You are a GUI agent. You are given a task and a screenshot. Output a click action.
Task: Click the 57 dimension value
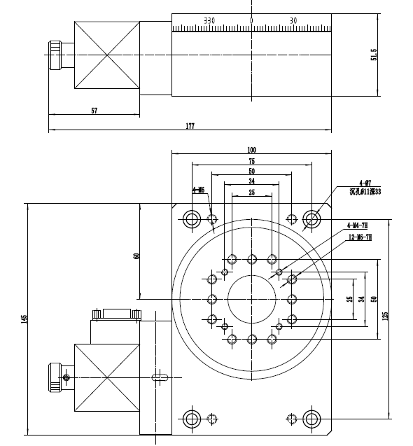pos(94,111)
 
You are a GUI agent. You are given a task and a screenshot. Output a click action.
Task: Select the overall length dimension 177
pos(190,126)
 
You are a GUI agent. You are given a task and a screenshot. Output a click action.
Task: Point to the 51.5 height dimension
pos(374,55)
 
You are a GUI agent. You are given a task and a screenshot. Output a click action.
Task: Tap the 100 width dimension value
pos(251,149)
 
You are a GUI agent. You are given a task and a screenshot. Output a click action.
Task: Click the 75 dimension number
pos(251,160)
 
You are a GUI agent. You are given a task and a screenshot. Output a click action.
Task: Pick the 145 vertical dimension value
pos(24,319)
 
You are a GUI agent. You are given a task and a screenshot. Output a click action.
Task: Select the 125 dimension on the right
pos(384,316)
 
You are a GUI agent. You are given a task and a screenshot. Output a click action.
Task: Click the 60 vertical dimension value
pos(136,256)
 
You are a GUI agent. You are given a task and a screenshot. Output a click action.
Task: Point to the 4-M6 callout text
pos(198,190)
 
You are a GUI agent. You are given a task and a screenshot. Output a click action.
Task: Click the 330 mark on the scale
pos(209,20)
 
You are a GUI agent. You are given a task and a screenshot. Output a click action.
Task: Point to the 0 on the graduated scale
pos(251,20)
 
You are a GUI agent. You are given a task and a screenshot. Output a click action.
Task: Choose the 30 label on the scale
pos(293,20)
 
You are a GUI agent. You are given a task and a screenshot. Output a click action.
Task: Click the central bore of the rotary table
pos(251,299)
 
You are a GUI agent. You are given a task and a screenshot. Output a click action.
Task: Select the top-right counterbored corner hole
pos(311,219)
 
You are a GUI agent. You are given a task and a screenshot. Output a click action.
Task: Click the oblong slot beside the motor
pos(160,377)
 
